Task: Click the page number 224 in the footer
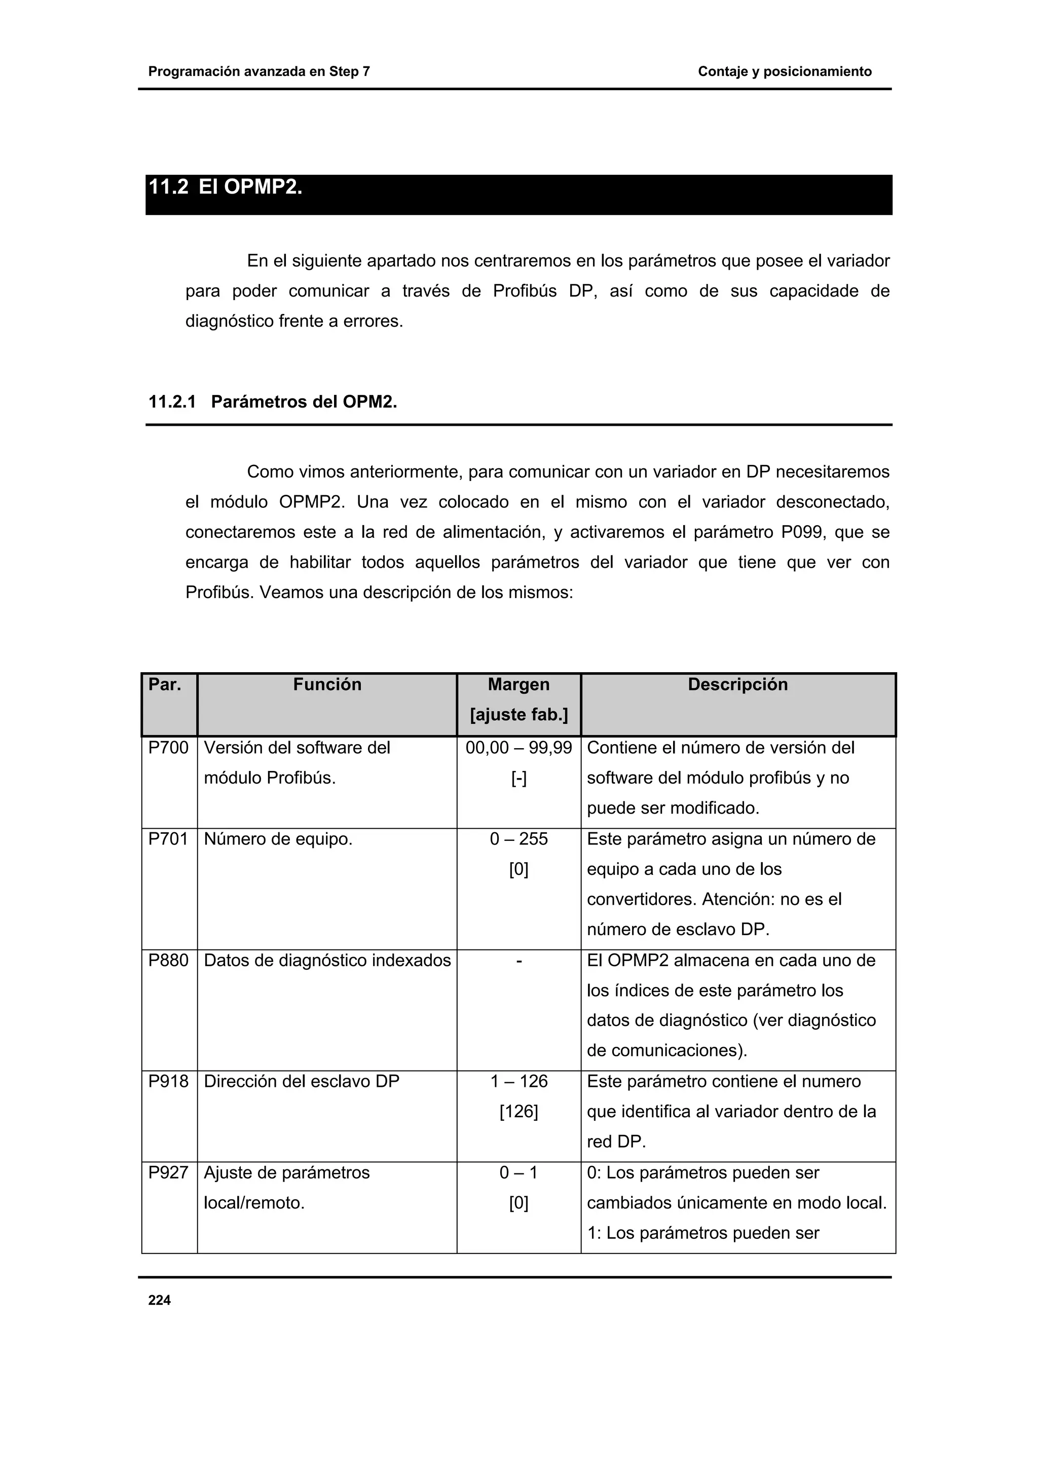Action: (159, 1300)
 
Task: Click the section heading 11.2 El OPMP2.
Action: (225, 188)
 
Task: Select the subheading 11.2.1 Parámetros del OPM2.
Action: (273, 402)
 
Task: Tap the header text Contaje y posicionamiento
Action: (785, 71)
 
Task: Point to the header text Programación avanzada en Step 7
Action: (259, 71)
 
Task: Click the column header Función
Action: (327, 685)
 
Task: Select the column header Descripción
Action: (737, 685)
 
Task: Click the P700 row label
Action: (168, 748)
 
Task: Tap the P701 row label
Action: (168, 839)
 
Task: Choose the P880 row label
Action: (168, 961)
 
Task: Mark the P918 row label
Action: (168, 1081)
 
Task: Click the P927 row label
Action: (168, 1173)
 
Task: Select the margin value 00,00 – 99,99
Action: (518, 748)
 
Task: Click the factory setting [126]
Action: (518, 1112)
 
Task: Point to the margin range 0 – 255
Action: (518, 839)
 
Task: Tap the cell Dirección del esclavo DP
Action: (301, 1081)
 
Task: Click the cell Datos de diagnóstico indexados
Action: (327, 961)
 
